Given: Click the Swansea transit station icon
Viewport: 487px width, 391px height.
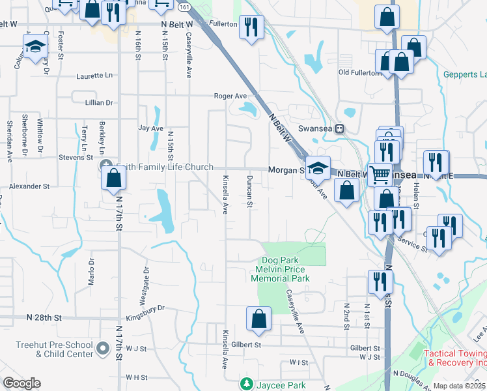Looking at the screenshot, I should point(340,128).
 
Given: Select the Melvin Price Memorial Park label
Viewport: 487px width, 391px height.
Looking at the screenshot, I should point(280,274).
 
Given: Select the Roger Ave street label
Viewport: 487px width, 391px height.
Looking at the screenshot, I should point(231,96).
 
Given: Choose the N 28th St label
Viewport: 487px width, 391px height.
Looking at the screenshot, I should point(44,317).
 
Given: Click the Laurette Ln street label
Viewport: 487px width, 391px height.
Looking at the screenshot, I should point(94,76).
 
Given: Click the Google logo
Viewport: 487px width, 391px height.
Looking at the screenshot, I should point(21,383).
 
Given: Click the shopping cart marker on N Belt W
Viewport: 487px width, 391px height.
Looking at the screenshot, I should point(380,173).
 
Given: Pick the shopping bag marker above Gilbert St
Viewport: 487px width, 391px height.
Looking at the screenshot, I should point(258,318).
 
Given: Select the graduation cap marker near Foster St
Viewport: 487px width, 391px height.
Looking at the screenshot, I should point(35,46).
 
